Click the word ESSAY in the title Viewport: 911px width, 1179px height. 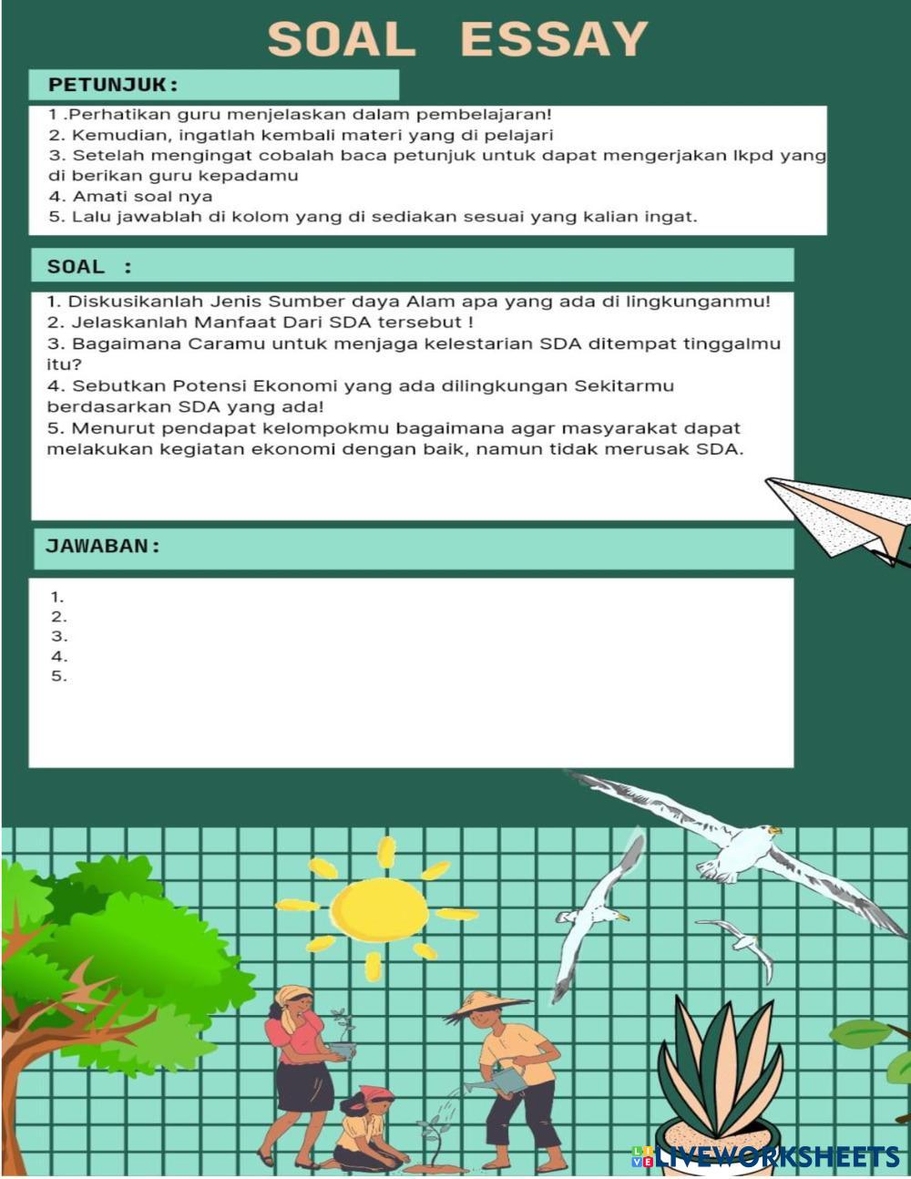point(554,40)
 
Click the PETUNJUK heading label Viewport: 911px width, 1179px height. point(113,85)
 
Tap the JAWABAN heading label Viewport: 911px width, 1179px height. point(103,546)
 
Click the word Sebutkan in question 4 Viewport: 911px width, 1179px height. point(113,386)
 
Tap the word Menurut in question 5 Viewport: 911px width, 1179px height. point(111,428)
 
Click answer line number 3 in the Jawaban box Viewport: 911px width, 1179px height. point(59,637)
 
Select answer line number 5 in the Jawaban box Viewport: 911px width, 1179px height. point(59,676)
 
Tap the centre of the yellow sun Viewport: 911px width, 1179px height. point(378,909)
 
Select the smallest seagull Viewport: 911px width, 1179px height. point(742,943)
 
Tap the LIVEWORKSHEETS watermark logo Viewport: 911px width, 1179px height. point(766,1157)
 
